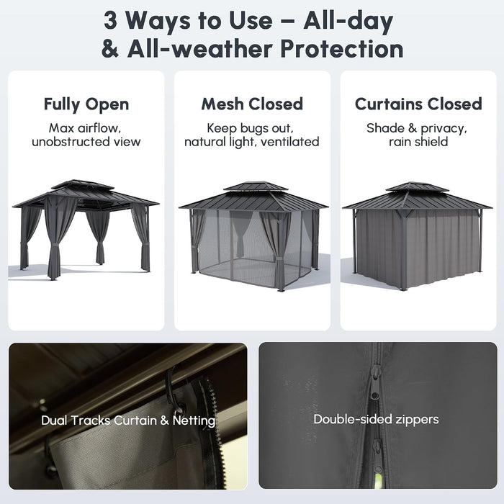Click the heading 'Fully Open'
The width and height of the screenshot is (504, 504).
tap(86, 104)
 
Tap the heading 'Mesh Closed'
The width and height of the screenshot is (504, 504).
tap(252, 104)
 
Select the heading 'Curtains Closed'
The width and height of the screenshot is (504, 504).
tap(418, 104)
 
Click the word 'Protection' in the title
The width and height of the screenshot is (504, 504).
tap(342, 49)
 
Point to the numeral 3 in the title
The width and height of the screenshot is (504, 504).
tap(110, 21)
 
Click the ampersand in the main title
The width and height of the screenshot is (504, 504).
tap(110, 49)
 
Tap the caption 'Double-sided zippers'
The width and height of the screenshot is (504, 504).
tap(376, 419)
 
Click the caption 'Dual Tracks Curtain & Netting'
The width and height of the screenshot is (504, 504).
tap(128, 420)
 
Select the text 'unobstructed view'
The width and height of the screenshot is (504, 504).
tap(86, 142)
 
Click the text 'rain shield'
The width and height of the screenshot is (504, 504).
tap(418, 142)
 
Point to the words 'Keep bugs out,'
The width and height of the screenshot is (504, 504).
tap(250, 128)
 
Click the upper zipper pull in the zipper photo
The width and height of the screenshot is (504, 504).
tap(375, 386)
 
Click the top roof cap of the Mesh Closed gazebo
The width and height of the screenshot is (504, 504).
tap(256, 186)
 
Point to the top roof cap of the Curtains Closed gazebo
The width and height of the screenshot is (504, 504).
tap(417, 186)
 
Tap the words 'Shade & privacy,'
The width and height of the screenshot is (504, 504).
tap(417, 128)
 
